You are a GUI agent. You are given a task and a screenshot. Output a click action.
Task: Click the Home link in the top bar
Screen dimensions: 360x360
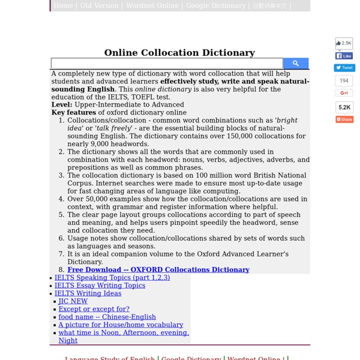pos(63,5)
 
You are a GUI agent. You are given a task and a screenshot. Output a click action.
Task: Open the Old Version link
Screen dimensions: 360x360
pos(99,5)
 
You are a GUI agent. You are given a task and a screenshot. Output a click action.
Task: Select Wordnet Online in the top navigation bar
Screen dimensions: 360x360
pos(152,5)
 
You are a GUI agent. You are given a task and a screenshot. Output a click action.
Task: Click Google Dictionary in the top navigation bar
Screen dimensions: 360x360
pos(215,5)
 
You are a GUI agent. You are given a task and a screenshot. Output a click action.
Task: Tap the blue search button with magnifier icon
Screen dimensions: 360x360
pos(296,63)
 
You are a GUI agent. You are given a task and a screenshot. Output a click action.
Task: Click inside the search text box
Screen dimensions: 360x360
pos(167,64)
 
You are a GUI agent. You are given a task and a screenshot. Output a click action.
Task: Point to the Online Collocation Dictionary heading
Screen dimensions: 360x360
pos(179,53)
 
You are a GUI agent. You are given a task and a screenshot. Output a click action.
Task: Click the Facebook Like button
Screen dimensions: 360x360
pos(344,56)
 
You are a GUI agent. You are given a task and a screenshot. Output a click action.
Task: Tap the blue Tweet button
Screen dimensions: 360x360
pos(344,68)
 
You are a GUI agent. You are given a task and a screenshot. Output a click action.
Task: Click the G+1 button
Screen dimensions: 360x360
pos(344,93)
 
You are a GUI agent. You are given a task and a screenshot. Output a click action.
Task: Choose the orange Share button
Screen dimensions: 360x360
pos(344,119)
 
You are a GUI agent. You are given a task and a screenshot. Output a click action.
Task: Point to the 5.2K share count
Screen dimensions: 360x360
pos(344,107)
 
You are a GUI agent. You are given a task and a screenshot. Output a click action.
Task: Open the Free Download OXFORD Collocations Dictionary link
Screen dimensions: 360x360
pos(158,270)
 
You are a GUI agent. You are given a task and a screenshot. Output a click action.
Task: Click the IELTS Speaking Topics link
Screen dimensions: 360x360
pos(112,278)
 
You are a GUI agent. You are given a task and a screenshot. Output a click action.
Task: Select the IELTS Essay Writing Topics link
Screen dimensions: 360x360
pos(100,286)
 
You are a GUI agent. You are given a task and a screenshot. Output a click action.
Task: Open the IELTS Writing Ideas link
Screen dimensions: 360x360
pos(88,293)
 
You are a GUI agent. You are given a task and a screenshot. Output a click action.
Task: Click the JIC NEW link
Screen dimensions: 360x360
pos(73,301)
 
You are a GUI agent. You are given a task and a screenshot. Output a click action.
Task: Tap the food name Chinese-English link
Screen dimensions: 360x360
pos(107,317)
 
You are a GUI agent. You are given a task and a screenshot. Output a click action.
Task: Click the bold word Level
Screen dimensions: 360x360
pos(62,104)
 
